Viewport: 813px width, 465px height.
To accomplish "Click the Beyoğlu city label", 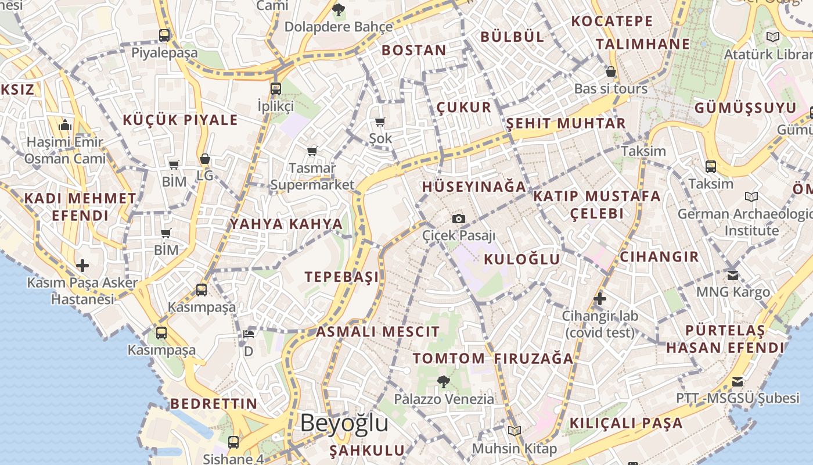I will point(344,423).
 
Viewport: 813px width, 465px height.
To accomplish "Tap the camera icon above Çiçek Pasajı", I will point(459,219).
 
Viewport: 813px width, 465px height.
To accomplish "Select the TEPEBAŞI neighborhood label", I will point(342,277).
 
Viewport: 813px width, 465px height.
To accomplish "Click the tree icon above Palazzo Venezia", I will point(444,382).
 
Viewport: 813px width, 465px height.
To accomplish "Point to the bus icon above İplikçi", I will point(276,89).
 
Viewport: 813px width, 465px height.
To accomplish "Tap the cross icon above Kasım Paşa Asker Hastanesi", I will point(82,266).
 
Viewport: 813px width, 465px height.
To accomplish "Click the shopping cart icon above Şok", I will point(380,121).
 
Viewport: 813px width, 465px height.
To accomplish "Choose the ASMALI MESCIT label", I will point(377,332).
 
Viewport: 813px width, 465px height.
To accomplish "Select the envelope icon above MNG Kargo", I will point(733,275).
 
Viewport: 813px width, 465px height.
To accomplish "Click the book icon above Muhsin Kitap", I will point(514,431).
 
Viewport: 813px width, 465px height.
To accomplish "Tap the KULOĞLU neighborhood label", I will point(522,259).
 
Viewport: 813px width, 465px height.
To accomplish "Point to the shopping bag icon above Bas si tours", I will point(610,72).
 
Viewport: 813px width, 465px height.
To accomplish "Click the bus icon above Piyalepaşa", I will point(164,35).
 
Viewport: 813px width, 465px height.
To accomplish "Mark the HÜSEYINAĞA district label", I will point(474,187).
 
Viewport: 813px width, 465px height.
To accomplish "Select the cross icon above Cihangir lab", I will point(600,299).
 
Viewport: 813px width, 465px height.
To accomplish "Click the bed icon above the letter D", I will point(249,334).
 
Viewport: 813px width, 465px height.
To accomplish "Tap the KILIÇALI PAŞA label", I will point(626,423).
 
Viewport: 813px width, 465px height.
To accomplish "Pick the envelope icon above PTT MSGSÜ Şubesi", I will point(738,382).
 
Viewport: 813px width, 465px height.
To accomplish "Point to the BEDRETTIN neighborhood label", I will point(214,403).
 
